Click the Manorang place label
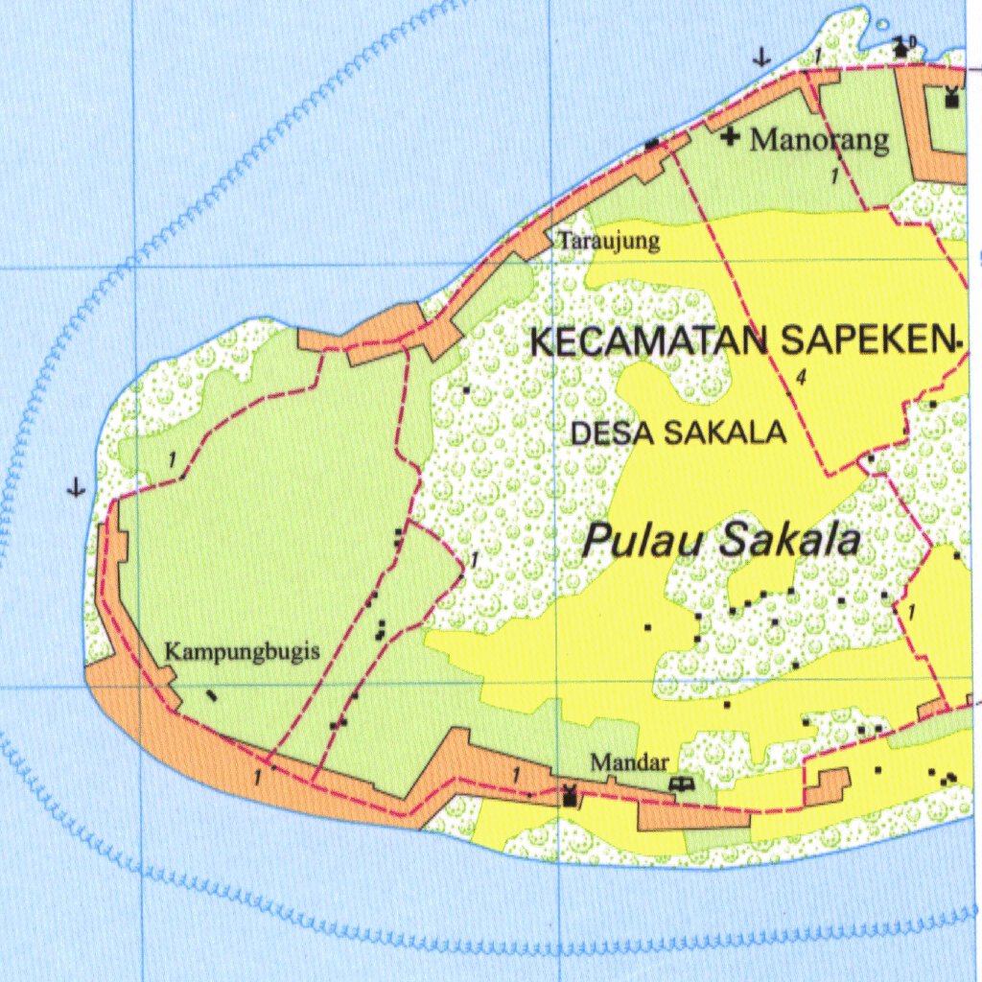coord(820,140)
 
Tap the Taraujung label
coord(609,240)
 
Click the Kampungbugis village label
coord(243,651)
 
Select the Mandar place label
coord(629,763)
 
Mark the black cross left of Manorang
coord(731,137)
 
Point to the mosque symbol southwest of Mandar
coord(571,795)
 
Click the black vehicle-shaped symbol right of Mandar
coord(683,784)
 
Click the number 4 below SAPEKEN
coord(800,378)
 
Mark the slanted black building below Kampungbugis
coord(212,695)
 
